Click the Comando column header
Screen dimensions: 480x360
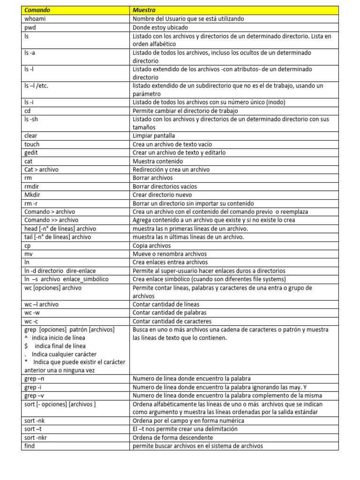coord(37,10)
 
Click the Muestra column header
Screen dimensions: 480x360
coord(144,10)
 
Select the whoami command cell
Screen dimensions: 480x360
coord(35,19)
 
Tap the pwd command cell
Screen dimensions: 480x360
coord(30,27)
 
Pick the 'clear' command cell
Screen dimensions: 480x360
coord(31,136)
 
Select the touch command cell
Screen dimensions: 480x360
coord(32,144)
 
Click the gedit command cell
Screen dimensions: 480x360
coord(32,153)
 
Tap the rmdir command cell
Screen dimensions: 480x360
coord(32,186)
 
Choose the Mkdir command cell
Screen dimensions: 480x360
coord(32,195)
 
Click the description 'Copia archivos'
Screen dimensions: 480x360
coord(152,245)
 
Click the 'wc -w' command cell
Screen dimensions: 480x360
coord(33,313)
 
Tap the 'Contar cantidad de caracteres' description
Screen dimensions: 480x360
coord(172,321)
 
